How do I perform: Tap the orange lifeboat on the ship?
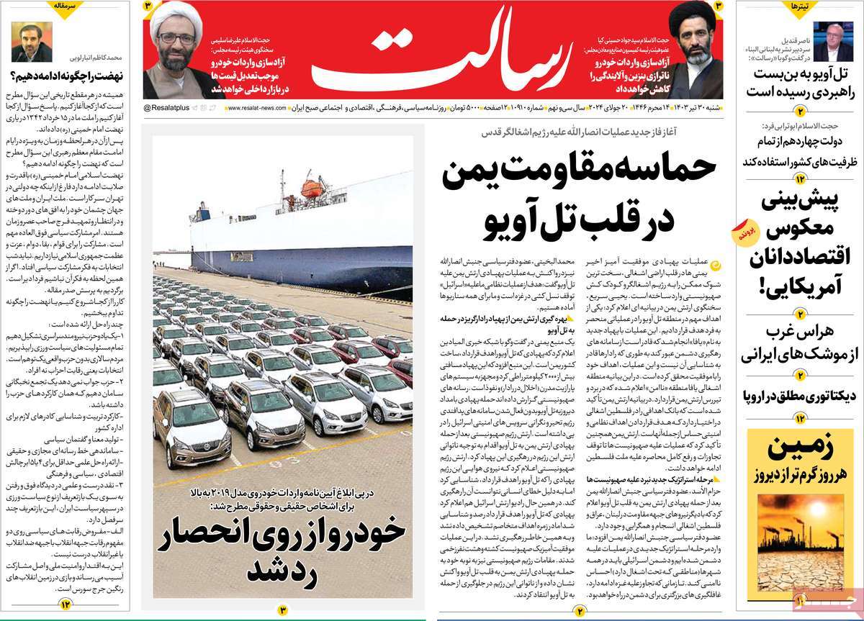tap(312, 188)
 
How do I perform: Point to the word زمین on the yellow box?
tap(801, 449)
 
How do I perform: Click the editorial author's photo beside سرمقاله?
tap(26, 45)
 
